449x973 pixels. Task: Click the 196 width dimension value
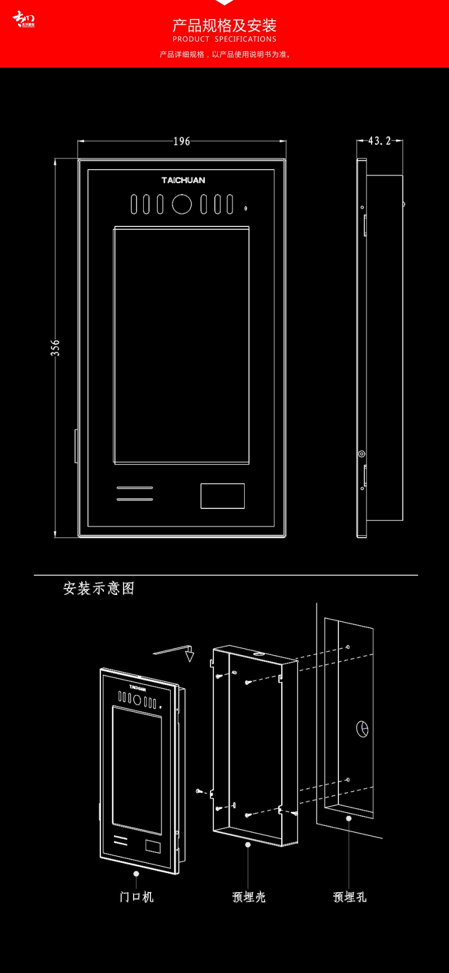[x=182, y=142]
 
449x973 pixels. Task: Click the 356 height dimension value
[x=55, y=348]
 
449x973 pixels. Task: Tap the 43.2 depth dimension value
[x=379, y=141]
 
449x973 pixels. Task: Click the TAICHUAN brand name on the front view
[x=184, y=180]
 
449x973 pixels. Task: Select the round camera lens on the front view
[x=182, y=204]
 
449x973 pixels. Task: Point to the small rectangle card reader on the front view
[x=223, y=496]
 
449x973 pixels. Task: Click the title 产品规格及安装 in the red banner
[x=224, y=25]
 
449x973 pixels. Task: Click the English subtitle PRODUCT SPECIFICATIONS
[x=224, y=39]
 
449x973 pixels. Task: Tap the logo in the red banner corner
[x=24, y=20]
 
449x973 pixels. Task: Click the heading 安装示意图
[x=99, y=588]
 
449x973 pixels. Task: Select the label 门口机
[x=136, y=897]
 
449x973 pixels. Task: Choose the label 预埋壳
[x=249, y=897]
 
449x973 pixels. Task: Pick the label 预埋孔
[x=350, y=897]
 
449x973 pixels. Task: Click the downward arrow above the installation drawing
[x=190, y=655]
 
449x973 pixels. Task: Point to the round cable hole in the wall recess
[x=363, y=729]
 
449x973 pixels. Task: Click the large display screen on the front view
[x=182, y=345]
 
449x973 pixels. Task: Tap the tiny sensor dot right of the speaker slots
[x=246, y=209]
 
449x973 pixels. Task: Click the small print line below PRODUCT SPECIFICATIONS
[x=224, y=54]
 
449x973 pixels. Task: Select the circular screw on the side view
[x=362, y=454]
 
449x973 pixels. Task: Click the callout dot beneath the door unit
[x=136, y=874]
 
